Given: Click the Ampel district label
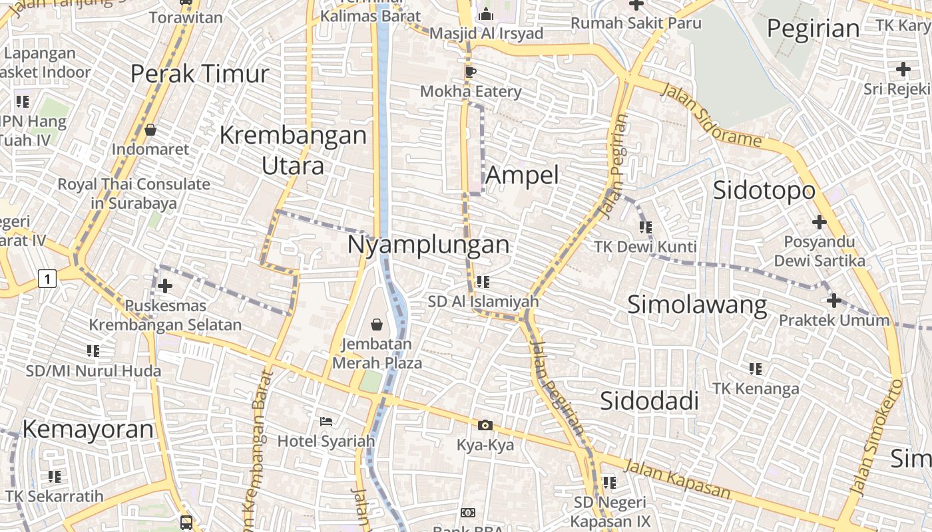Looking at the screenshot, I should [523, 175].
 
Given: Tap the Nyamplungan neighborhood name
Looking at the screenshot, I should [428, 245].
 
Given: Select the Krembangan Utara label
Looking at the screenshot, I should [293, 150].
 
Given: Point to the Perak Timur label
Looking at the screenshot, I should [199, 74].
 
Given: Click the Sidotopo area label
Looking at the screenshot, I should [764, 190].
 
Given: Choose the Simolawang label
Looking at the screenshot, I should [697, 305].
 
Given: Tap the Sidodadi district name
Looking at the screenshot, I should [649, 401].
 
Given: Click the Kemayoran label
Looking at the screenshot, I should [88, 430].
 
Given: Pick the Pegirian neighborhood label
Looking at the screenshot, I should [813, 29].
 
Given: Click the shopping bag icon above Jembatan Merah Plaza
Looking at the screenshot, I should [377, 325].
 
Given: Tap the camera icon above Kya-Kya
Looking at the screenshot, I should [485, 425].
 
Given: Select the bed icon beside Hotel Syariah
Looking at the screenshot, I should [326, 422].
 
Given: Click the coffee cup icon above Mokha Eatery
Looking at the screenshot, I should [471, 72].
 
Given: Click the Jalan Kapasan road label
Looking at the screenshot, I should [677, 481].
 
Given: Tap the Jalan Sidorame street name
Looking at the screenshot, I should [710, 114].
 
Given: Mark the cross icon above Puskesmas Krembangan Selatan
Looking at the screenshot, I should [164, 286].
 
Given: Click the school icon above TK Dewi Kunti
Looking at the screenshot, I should [645, 227].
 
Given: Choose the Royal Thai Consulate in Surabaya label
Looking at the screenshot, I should [134, 194].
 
